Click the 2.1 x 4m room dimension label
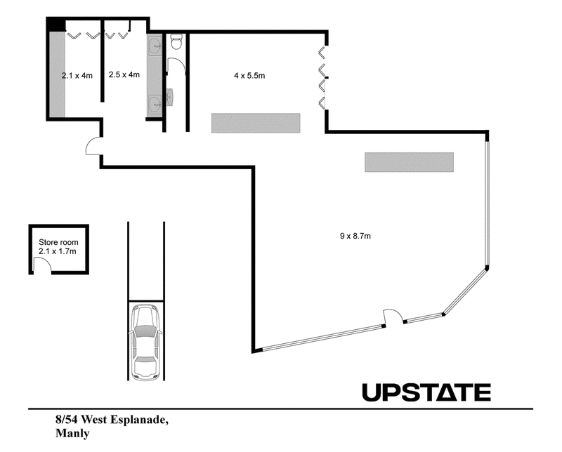pos(77,76)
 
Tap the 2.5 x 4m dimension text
pos(124,74)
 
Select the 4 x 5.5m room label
pos(249,76)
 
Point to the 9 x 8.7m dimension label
pos(355,236)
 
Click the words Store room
pos(58,242)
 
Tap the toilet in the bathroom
pos(176,41)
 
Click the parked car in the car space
pos(145,342)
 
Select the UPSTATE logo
pos(426,392)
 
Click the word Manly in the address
pos(72,433)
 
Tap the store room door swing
pos(42,265)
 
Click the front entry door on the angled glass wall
pos(393,317)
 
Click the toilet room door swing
pos(176,66)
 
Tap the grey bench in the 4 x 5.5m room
pos(256,124)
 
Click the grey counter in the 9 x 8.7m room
pos(410,162)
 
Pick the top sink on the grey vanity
pos(155,45)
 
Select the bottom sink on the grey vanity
pos(155,105)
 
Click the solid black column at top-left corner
pos(56,25)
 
